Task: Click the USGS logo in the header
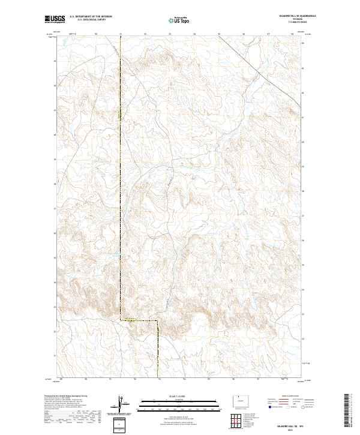[x=55, y=20]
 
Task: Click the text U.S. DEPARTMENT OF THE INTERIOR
[x=91, y=17]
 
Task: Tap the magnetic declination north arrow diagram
[x=121, y=404]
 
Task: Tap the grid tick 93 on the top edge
[x=170, y=34]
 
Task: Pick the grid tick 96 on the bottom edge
[x=234, y=379]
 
